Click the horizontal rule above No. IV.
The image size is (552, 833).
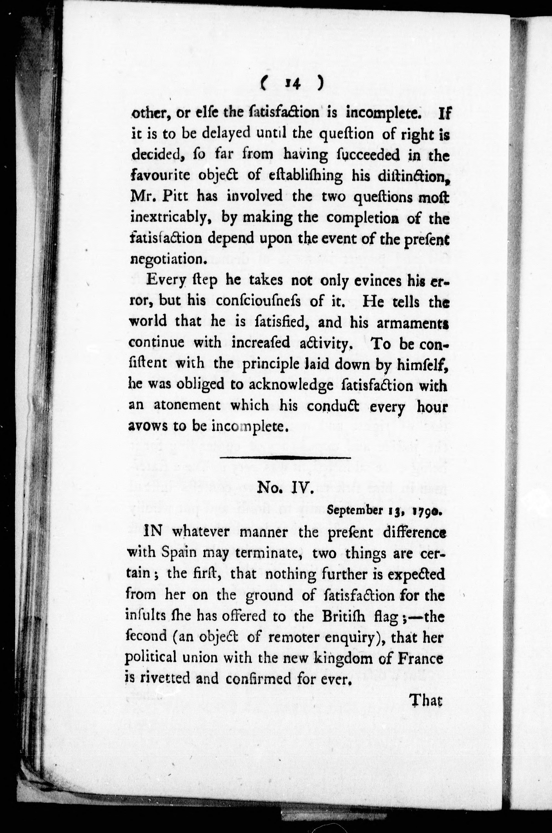coord(285,458)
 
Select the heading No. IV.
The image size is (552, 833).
coord(285,489)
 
